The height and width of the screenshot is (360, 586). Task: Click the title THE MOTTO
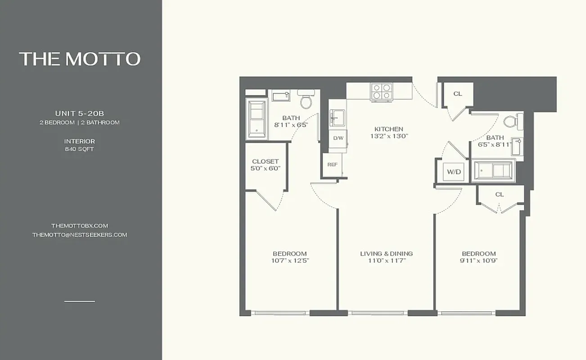[x=80, y=59]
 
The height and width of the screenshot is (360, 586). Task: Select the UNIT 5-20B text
[x=79, y=113]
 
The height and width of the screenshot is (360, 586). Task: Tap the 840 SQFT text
[x=79, y=149]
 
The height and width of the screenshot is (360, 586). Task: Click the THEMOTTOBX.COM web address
[x=79, y=225]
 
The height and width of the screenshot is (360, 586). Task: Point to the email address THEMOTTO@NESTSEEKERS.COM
[x=79, y=235]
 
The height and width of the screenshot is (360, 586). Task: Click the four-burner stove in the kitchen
[x=380, y=92]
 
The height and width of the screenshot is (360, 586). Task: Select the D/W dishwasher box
[x=338, y=138]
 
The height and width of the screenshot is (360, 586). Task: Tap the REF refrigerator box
[x=333, y=164]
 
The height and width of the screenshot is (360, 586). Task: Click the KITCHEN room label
[x=389, y=129]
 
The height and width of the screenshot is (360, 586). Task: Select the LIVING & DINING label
[x=386, y=254]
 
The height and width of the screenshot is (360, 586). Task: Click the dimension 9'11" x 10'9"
[x=478, y=261]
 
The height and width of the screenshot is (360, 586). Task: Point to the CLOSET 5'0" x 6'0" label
[x=266, y=165]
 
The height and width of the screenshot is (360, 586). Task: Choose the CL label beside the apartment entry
[x=458, y=94]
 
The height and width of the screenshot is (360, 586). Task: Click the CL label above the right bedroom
[x=499, y=194]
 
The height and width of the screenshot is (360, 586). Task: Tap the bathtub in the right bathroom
[x=493, y=171]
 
